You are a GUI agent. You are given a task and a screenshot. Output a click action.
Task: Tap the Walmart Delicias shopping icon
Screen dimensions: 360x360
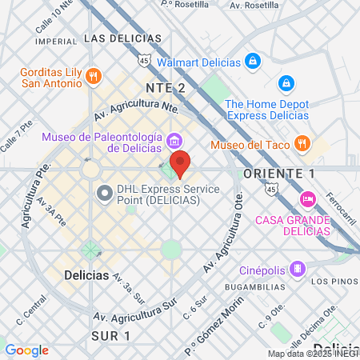(x=252, y=61)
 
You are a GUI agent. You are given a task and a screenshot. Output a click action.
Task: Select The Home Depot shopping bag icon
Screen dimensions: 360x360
(x=286, y=83)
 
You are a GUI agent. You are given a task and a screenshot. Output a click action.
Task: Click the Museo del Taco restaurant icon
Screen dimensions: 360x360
(x=302, y=144)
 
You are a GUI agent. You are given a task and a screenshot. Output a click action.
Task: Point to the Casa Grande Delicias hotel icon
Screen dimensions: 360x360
(x=306, y=198)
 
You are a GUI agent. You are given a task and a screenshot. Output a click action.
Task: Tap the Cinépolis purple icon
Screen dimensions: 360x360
(x=297, y=267)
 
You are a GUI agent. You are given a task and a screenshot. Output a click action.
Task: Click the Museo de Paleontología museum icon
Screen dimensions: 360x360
(x=174, y=142)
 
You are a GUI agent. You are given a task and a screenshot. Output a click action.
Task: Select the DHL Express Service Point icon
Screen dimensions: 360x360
(x=104, y=193)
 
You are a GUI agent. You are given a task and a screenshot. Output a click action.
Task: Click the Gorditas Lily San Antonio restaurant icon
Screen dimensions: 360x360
(x=94, y=76)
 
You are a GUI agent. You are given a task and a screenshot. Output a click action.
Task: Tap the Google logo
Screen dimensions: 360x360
(x=26, y=350)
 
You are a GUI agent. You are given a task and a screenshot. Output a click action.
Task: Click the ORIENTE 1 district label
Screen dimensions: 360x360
(x=278, y=174)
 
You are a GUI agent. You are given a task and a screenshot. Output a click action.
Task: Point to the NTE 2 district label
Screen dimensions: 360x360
(x=165, y=88)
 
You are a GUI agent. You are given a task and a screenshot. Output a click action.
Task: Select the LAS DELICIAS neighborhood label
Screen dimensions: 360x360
(x=122, y=38)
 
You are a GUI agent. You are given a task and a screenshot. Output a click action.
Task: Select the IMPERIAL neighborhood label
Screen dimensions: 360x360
(x=56, y=41)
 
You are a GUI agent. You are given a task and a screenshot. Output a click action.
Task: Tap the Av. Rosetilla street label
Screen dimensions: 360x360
(x=254, y=5)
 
